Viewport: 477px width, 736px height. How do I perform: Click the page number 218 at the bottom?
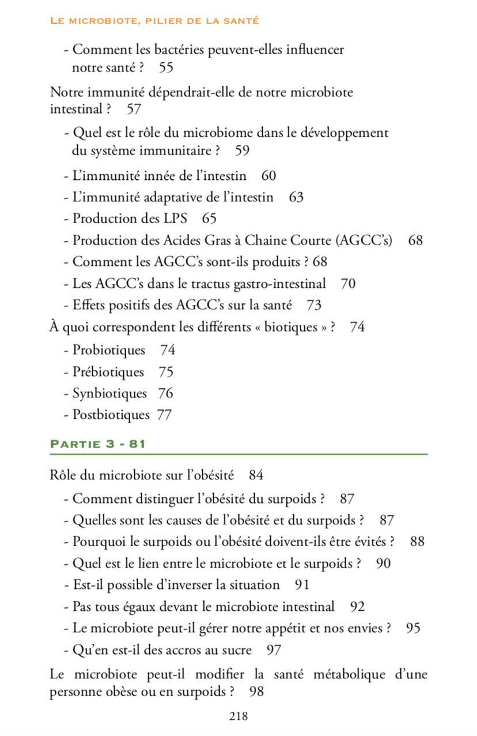(238, 716)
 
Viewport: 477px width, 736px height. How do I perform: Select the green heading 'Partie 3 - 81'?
(97, 444)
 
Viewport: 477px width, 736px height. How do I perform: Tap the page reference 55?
(166, 67)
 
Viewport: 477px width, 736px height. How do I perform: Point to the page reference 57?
(134, 108)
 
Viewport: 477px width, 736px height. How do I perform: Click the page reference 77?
(164, 415)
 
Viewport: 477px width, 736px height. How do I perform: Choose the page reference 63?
(296, 198)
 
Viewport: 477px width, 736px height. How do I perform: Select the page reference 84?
(256, 476)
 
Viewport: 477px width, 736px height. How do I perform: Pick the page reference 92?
(357, 607)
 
